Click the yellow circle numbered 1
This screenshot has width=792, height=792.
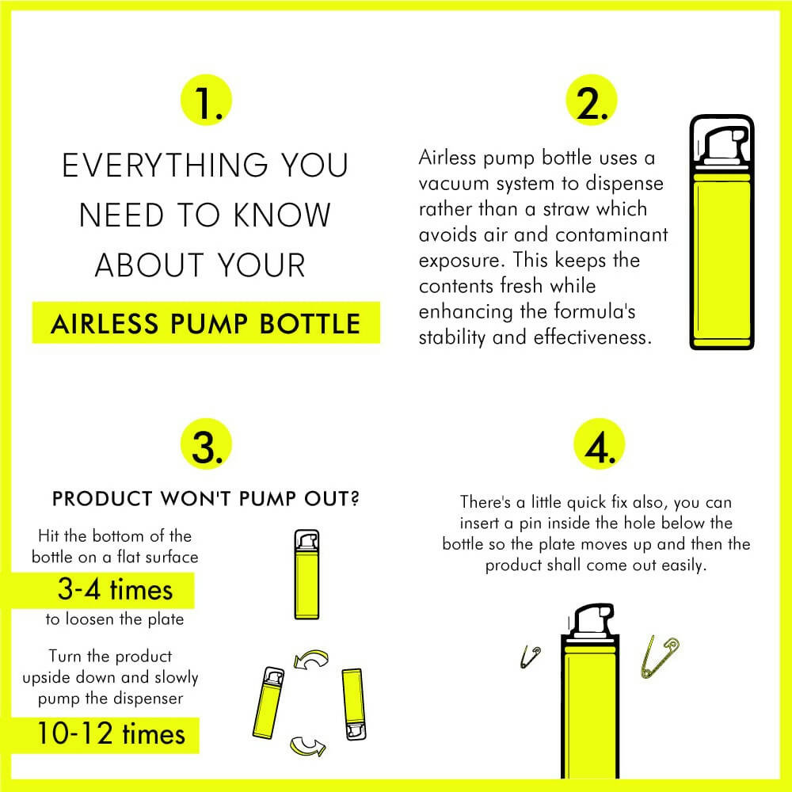[208, 104]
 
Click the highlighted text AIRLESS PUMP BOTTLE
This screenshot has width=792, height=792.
[205, 324]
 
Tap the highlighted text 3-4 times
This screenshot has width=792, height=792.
[115, 589]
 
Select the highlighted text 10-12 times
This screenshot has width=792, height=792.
[110, 733]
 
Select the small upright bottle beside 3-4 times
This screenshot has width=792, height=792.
[305, 574]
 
